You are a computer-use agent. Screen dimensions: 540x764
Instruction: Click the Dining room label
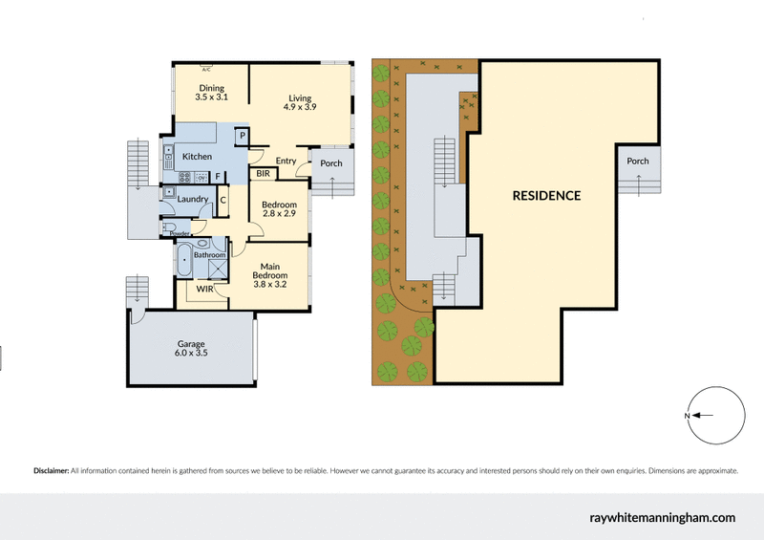coord(211,88)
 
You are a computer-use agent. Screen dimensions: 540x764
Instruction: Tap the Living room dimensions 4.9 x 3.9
coord(300,107)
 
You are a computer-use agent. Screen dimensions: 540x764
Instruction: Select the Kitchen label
coord(197,157)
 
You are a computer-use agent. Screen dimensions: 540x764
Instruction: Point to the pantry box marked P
coord(243,137)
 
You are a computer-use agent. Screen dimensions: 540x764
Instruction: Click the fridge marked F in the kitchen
coord(218,176)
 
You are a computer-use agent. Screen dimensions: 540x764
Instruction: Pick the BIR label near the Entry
coord(263,174)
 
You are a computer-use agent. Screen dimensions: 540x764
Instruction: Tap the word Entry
coord(286,162)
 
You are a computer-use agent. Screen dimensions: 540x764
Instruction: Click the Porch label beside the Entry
coord(330,163)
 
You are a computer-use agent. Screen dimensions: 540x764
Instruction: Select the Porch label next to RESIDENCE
coord(637,162)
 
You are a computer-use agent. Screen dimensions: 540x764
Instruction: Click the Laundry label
coord(193,199)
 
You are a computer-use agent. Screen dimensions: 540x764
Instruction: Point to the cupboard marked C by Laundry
coord(223,199)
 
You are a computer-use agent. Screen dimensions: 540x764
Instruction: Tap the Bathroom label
coord(209,255)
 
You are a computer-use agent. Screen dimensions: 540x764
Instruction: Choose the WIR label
coord(204,288)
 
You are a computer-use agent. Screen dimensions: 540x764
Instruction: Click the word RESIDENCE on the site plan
coord(546,196)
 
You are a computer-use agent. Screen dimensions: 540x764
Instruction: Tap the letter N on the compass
coord(686,416)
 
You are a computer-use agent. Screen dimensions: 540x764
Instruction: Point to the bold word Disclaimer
coord(51,471)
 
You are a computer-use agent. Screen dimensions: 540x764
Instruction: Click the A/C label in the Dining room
coord(206,68)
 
